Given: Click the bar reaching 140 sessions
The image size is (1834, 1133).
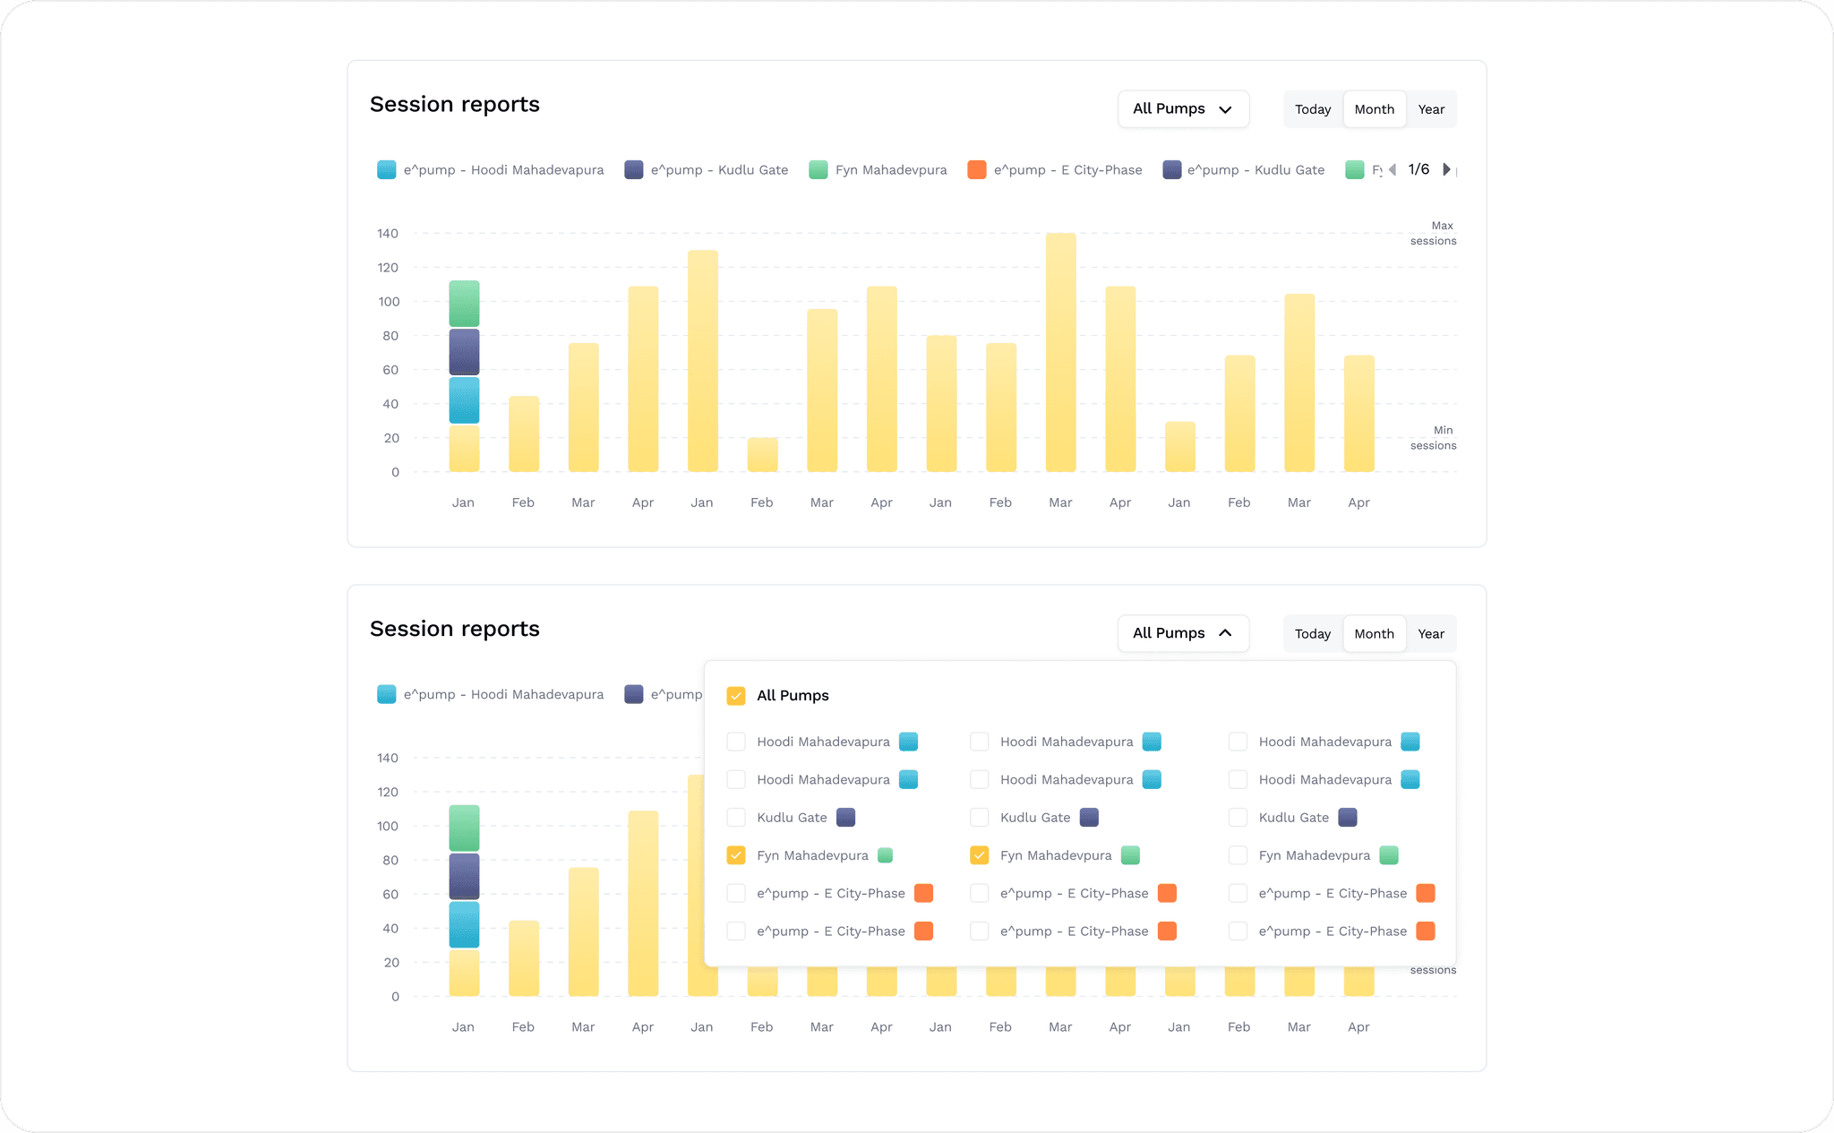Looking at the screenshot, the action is [x=1060, y=352].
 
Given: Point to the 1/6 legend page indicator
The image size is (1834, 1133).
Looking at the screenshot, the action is [x=1418, y=169].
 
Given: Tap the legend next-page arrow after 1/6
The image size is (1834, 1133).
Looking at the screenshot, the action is [x=1446, y=169].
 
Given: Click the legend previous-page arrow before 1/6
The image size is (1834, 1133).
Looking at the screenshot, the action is [x=1393, y=169].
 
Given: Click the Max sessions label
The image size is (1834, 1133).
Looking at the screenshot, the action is [x=1434, y=233].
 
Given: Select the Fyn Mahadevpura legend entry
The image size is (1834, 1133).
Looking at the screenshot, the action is [x=878, y=170].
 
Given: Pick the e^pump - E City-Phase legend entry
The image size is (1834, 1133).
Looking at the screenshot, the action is [x=1055, y=170].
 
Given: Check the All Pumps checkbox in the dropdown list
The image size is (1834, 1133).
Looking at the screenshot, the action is [x=736, y=696].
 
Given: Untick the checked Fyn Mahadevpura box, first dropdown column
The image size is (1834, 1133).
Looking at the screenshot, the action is [x=736, y=855].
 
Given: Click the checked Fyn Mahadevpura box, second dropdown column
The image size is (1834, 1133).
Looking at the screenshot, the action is [x=980, y=855].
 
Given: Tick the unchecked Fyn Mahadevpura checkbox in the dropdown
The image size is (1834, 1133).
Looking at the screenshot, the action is [x=1238, y=855].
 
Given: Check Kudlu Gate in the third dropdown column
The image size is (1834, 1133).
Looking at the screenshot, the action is [x=1238, y=818].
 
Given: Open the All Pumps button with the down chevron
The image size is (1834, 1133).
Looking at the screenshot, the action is [x=1183, y=109].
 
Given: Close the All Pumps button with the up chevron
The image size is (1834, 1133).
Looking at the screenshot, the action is [x=1183, y=633].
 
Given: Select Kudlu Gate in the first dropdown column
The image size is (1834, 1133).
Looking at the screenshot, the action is [x=736, y=818].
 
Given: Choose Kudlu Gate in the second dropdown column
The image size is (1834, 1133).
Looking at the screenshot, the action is [x=980, y=818].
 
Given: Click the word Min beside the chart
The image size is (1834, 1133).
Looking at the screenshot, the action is [x=1443, y=430].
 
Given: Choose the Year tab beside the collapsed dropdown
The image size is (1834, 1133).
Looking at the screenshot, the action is [x=1431, y=109].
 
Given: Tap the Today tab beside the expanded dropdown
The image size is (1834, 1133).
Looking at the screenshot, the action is [x=1313, y=634].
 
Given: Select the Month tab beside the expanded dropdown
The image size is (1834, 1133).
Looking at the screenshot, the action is [x=1375, y=634].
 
